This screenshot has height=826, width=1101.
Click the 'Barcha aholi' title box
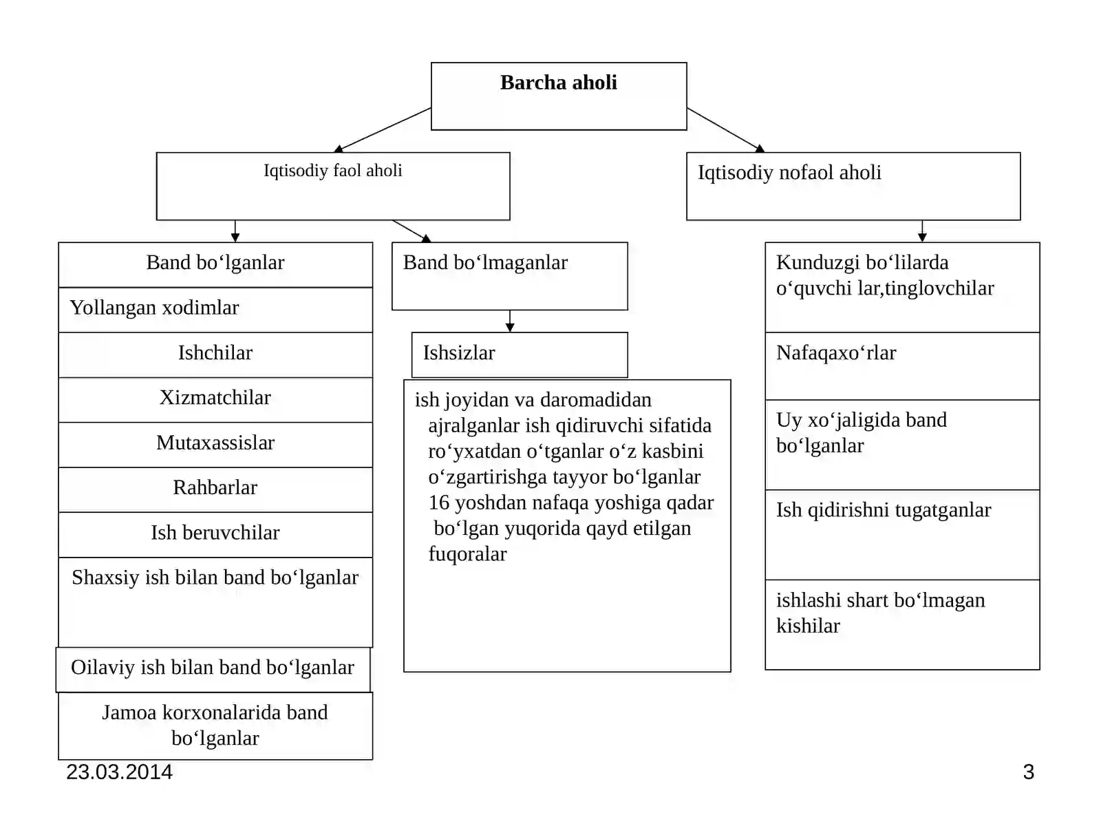(559, 96)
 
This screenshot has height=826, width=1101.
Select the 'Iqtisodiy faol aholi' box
(333, 186)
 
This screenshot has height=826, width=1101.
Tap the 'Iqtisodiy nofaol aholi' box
(853, 186)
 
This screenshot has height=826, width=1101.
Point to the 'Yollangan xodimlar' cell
(215, 310)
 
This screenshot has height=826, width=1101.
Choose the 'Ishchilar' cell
(215, 355)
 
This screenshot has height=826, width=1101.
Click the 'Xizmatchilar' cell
(215, 400)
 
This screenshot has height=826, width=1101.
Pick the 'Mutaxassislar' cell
(215, 445)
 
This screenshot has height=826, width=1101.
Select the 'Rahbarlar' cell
(215, 490)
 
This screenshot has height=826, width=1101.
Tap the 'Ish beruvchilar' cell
(215, 535)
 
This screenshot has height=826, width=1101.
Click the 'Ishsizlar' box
(520, 354)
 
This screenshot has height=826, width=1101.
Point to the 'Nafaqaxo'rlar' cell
(902, 366)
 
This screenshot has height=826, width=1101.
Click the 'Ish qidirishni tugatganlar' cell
(902, 535)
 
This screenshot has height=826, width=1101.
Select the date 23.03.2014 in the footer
(119, 772)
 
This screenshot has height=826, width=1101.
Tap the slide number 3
(1029, 772)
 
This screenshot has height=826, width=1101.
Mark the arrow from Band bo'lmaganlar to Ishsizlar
(510, 321)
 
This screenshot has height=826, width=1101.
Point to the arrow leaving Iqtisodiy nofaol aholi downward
(922, 231)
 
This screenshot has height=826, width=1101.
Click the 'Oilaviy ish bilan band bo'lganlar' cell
(213, 670)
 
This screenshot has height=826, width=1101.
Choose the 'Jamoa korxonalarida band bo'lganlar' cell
(215, 726)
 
